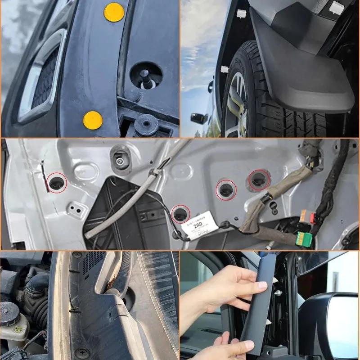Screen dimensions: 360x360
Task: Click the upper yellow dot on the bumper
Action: [x=114, y=12]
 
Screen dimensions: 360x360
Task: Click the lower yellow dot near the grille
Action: [x=93, y=120]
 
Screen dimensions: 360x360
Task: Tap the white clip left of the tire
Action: [x=224, y=69]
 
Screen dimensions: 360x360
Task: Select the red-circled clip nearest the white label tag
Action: [x=180, y=213]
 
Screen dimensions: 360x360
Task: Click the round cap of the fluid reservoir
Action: [x=9, y=310]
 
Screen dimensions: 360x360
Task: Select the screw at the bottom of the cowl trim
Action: [x=82, y=352]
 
